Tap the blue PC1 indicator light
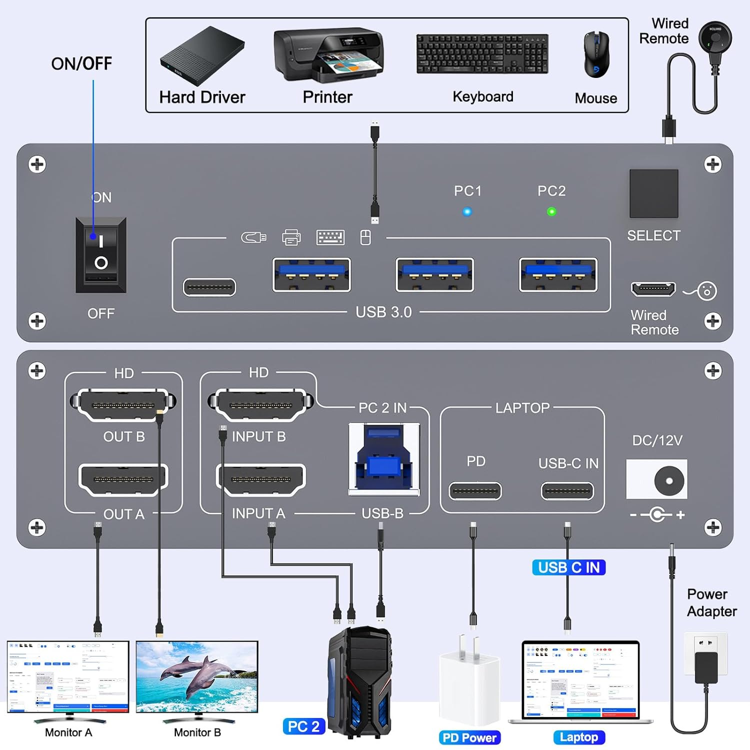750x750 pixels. [x=467, y=211]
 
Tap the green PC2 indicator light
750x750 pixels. [x=551, y=211]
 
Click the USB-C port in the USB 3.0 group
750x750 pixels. [x=209, y=287]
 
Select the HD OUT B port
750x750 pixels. [x=123, y=404]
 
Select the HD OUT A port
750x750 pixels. [x=123, y=479]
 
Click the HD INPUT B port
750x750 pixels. [x=260, y=404]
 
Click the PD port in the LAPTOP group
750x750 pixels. [x=475, y=491]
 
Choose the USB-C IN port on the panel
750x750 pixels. [x=567, y=491]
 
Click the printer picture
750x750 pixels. [x=328, y=55]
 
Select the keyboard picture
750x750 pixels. [x=482, y=54]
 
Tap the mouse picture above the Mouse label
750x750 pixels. [x=597, y=54]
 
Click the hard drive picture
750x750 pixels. [x=202, y=56]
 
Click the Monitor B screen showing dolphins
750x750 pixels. [x=197, y=676]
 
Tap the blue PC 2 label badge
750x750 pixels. [x=304, y=726]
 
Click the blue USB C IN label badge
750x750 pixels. [x=569, y=567]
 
